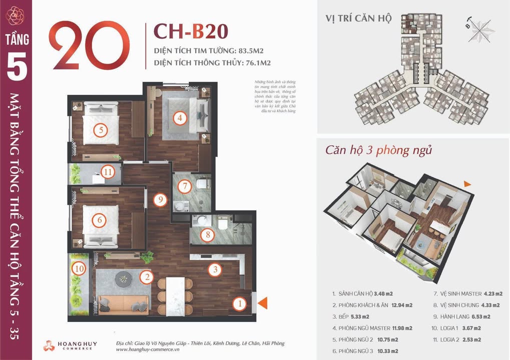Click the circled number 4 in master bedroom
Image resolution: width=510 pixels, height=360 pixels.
tap(179, 118)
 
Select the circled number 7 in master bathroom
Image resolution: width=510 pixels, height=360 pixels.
tap(185, 187)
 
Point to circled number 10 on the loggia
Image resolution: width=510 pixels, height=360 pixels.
tap(78, 268)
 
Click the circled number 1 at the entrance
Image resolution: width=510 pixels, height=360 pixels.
tap(240, 302)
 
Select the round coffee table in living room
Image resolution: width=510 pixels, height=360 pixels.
tap(123, 278)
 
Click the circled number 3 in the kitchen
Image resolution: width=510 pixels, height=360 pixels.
tap(215, 270)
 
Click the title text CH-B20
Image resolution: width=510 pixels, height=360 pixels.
tap(191, 31)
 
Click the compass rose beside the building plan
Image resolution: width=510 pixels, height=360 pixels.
tap(479, 27)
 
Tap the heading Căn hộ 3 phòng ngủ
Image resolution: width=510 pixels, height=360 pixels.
tap(378, 150)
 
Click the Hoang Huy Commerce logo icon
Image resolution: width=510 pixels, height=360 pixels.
tap(49, 345)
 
